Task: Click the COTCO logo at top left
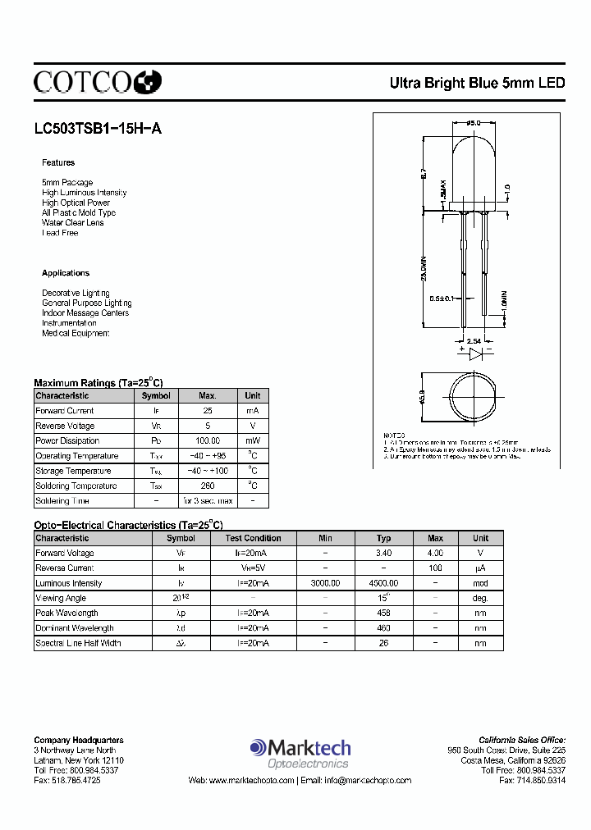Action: (x=98, y=81)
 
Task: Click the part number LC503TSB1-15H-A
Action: (x=92, y=128)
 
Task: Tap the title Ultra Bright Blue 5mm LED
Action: (x=477, y=83)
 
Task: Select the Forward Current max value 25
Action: (x=208, y=410)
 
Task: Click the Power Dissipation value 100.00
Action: (x=208, y=440)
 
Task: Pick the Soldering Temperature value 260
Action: (x=208, y=486)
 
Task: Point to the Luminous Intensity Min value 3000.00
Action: (x=325, y=583)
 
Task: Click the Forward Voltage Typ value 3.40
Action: (x=383, y=553)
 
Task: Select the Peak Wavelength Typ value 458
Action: (x=383, y=613)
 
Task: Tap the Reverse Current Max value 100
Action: (x=435, y=568)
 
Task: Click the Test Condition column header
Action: (x=253, y=538)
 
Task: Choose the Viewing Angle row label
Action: (x=62, y=598)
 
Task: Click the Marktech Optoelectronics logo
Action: (x=300, y=753)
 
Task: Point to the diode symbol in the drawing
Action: (x=475, y=353)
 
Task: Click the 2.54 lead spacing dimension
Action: (x=474, y=340)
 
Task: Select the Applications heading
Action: (x=66, y=273)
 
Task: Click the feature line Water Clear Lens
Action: (x=73, y=222)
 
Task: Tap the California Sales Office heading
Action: (x=522, y=740)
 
